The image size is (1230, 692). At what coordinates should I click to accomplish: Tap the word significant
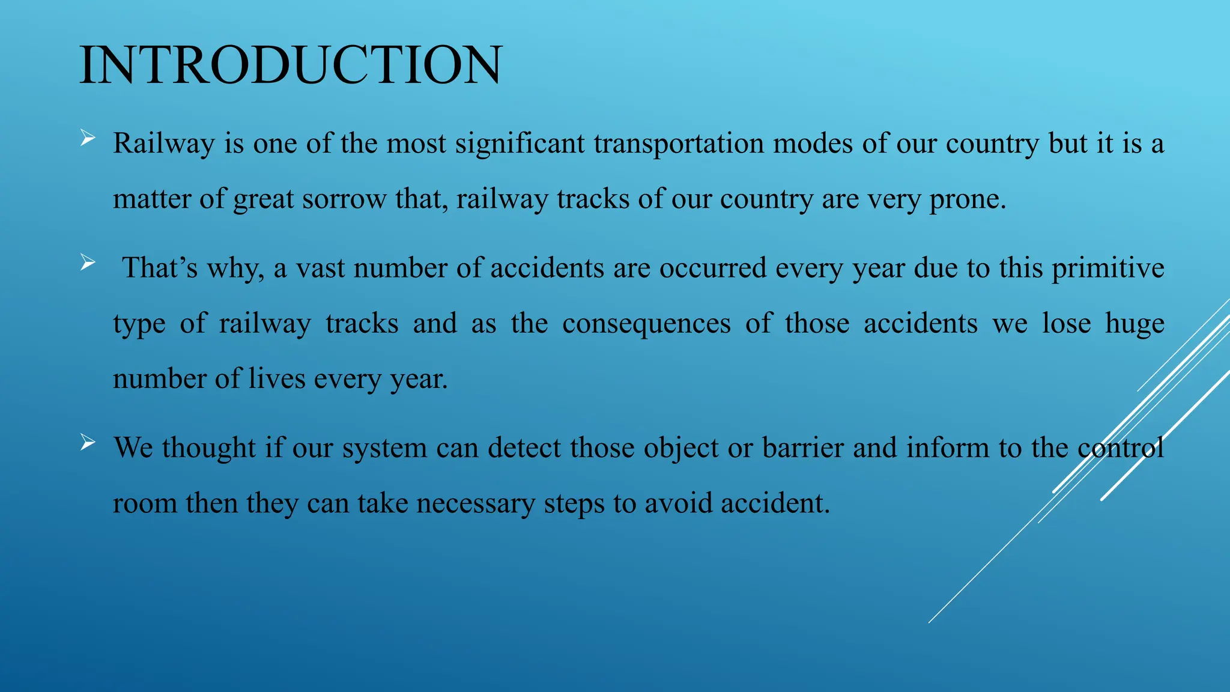coord(520,144)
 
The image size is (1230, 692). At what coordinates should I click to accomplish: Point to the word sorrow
coord(344,199)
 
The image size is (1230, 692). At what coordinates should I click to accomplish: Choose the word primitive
coord(1107,268)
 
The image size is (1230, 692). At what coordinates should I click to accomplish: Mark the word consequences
coord(646,324)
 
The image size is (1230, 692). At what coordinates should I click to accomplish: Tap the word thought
coord(208,448)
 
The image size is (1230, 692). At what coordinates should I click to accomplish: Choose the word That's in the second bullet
coord(160,268)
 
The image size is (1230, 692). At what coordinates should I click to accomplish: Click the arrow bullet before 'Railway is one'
coord(88,139)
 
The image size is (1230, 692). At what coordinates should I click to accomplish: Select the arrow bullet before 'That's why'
coord(88,263)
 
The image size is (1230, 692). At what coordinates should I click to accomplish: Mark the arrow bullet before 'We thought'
coord(88,443)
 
